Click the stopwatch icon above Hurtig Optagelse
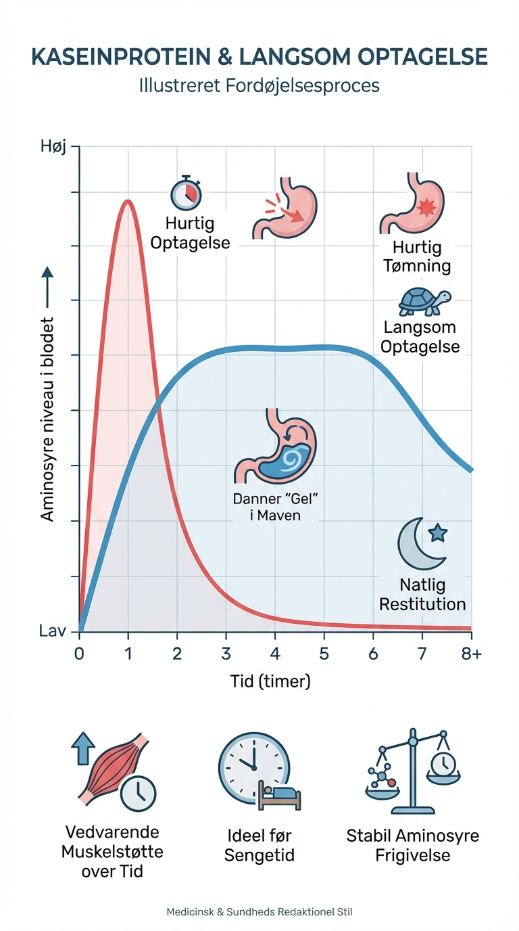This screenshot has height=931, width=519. pos(187,194)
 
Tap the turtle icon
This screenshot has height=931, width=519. pos(424,302)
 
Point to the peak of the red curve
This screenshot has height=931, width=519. pos(126,201)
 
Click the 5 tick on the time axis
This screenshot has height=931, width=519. pos(324,654)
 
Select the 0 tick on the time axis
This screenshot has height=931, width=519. pos(80,654)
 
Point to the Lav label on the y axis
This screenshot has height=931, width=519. pos(54,631)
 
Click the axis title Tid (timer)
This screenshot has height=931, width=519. pos(270,681)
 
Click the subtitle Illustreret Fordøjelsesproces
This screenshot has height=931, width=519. pos(259,87)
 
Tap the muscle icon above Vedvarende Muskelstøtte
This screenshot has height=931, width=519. pos(112,767)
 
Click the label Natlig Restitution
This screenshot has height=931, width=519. pos(422,594)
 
